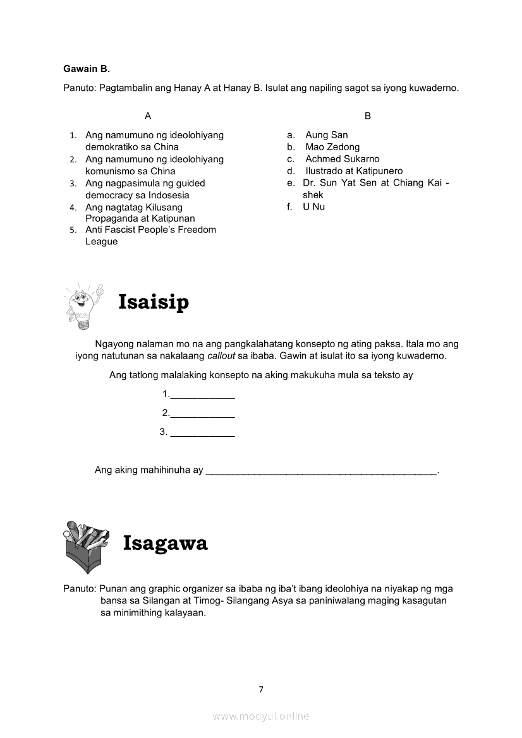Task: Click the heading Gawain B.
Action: click(x=87, y=68)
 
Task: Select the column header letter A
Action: click(x=148, y=116)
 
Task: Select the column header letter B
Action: click(x=368, y=116)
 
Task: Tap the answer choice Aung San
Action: click(x=326, y=135)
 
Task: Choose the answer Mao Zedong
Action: click(x=332, y=147)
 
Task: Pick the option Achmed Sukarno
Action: click(x=342, y=159)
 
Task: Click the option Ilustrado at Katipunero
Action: click(x=354, y=171)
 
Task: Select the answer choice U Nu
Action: click(x=313, y=207)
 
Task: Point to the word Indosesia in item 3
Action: click(x=169, y=195)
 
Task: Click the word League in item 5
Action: click(x=102, y=242)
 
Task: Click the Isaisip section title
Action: click(x=154, y=302)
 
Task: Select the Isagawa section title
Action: click(x=165, y=543)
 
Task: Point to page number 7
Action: click(x=260, y=689)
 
